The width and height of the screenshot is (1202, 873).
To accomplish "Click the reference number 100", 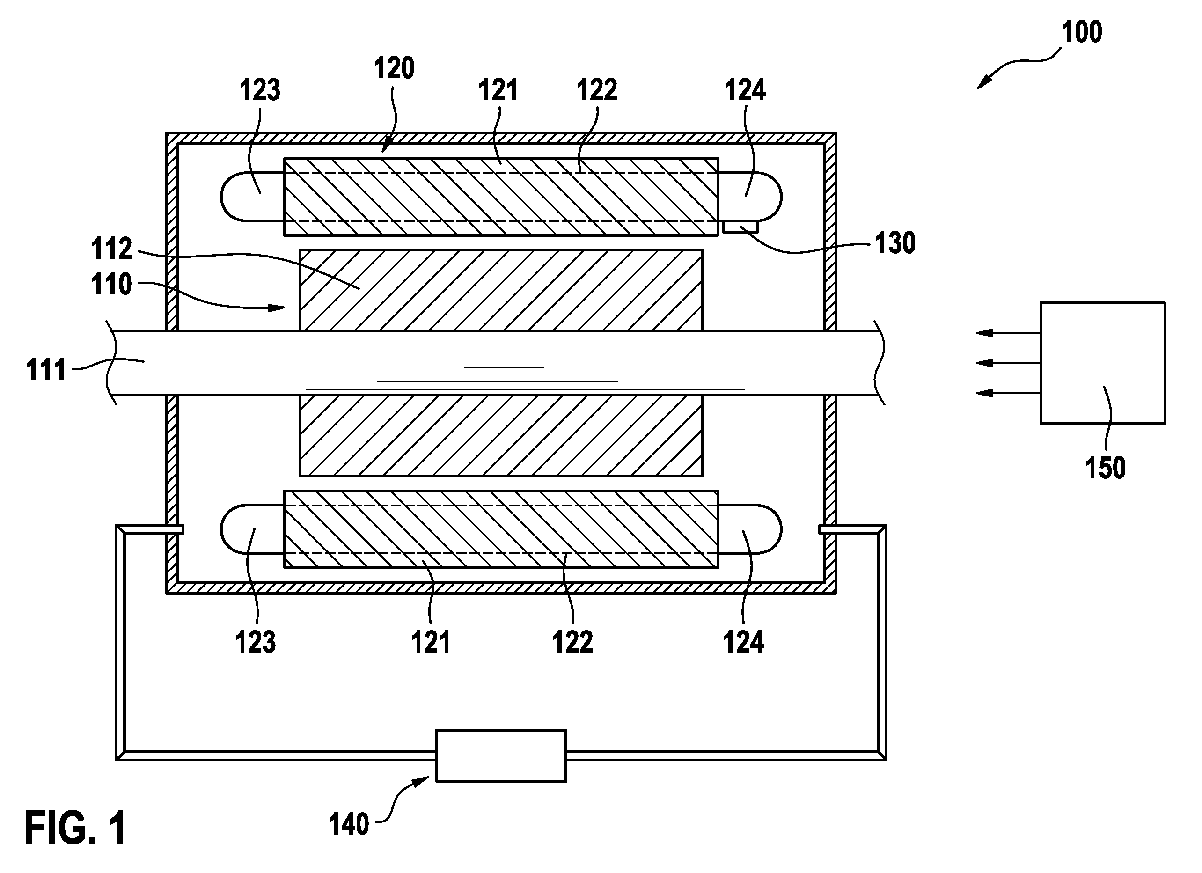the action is [1082, 32].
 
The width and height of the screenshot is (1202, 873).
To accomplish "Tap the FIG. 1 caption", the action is [76, 828].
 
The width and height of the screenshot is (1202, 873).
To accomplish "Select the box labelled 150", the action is [1103, 363].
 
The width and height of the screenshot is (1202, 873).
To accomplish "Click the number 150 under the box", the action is [1105, 468].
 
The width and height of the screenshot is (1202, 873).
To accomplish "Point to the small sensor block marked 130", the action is [740, 227].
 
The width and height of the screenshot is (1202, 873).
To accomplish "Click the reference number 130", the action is [895, 243].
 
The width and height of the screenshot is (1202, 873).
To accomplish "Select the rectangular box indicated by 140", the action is [501, 756].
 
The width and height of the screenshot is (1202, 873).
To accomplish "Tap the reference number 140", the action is [349, 825].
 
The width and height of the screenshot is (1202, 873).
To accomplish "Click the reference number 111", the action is [46, 370].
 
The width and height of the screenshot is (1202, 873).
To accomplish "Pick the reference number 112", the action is [111, 249].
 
